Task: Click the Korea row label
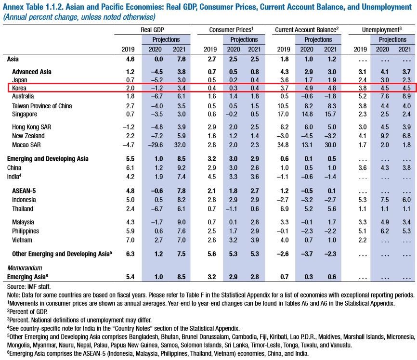19,88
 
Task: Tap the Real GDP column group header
152,30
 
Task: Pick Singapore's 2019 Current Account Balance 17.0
283,114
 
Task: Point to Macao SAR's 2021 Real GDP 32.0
180,145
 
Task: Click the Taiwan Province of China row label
42,106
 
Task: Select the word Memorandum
25,268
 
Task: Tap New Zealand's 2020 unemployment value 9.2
385,136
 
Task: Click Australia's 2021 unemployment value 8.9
406,96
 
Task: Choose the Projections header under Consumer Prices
244,39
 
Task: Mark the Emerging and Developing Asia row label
48,159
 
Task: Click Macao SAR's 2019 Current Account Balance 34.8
283,145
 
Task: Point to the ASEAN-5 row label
24,191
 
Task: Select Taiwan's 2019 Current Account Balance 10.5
283,106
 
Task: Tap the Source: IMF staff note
29,287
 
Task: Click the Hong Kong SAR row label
31,127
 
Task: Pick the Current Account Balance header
307,30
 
